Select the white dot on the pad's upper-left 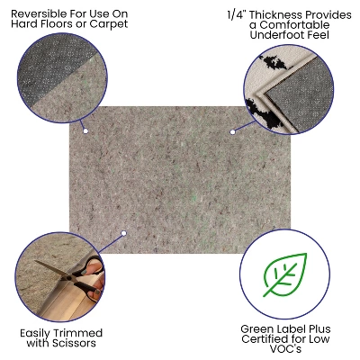click(x=85, y=131)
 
